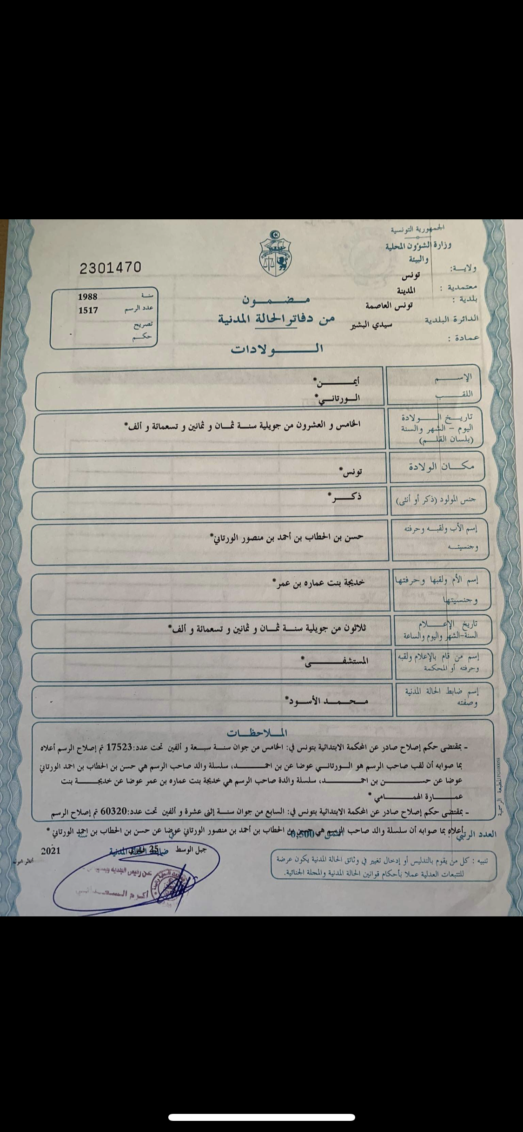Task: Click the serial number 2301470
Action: coord(110,268)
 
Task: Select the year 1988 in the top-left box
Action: coord(87,296)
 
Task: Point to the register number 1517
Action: coord(88,310)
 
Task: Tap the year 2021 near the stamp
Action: coord(51,851)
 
